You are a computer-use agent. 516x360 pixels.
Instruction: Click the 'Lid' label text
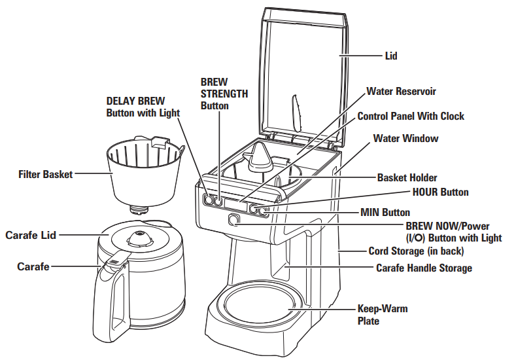pyautogui.click(x=391, y=56)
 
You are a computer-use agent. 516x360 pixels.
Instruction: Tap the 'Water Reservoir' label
pyautogui.click(x=401, y=92)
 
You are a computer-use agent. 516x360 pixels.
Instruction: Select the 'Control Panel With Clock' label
pyautogui.click(x=411, y=116)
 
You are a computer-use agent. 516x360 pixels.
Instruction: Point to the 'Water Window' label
pyautogui.click(x=405, y=139)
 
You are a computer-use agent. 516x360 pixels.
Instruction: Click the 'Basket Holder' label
pyautogui.click(x=407, y=177)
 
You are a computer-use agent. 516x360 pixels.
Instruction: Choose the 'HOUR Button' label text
pyautogui.click(x=440, y=192)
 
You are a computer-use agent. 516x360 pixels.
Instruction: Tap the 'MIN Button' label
pyautogui.click(x=385, y=212)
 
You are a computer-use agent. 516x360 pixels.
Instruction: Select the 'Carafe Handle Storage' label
pyautogui.click(x=424, y=268)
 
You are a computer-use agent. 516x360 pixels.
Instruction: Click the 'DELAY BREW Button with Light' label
pyautogui.click(x=143, y=107)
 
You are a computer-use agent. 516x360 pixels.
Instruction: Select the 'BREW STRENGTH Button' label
pyautogui.click(x=224, y=94)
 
